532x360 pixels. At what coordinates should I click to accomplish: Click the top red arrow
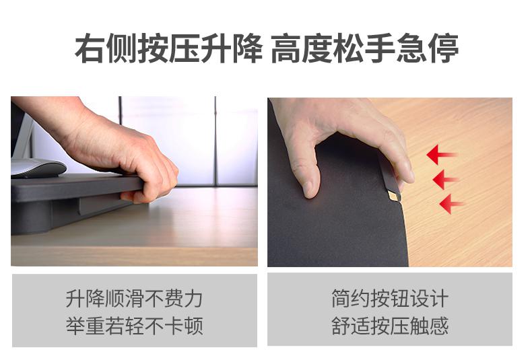442,155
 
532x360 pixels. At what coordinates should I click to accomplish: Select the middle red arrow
446,179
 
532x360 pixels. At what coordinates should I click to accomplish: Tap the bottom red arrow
451,204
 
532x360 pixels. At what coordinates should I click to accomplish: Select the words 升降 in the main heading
232,48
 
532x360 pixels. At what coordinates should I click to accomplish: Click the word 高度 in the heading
302,48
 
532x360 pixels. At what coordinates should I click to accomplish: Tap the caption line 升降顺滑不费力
135,298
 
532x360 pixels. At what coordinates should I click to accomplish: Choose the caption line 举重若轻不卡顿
135,326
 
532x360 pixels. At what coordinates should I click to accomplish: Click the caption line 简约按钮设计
390,298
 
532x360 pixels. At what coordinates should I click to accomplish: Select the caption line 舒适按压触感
390,326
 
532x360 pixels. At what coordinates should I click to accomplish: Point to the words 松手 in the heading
365,48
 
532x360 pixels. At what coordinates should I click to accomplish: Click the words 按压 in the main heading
168,48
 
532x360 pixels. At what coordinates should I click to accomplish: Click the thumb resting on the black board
307,176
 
